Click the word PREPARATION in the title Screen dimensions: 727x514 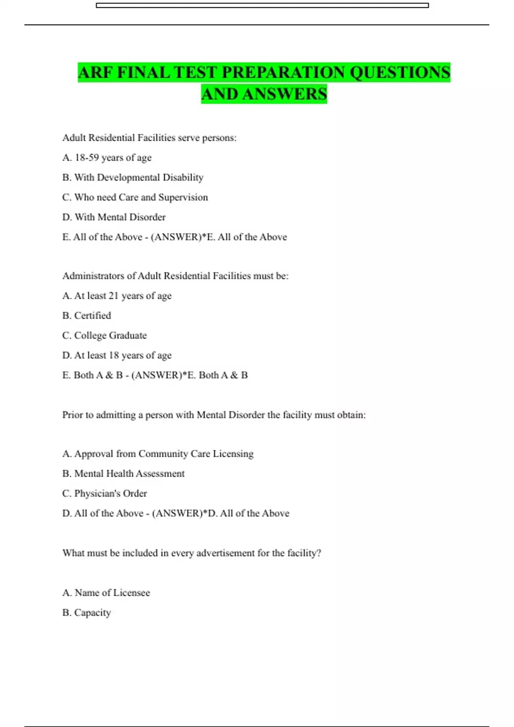click(x=283, y=72)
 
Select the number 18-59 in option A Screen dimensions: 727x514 click(x=87, y=158)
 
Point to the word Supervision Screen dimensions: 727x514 click(x=183, y=198)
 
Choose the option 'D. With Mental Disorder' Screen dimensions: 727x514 click(x=114, y=217)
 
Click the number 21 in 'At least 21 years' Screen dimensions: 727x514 click(x=114, y=296)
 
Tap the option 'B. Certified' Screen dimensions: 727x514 click(x=87, y=316)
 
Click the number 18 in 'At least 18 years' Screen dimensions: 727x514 click(x=114, y=355)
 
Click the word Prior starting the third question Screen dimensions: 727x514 click(x=72, y=415)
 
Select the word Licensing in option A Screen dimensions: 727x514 click(x=233, y=454)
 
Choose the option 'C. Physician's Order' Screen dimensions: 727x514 click(x=105, y=494)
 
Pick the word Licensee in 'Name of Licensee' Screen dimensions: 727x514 click(x=131, y=593)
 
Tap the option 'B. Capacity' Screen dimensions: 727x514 click(x=87, y=613)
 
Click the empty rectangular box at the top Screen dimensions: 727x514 click(x=262, y=6)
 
